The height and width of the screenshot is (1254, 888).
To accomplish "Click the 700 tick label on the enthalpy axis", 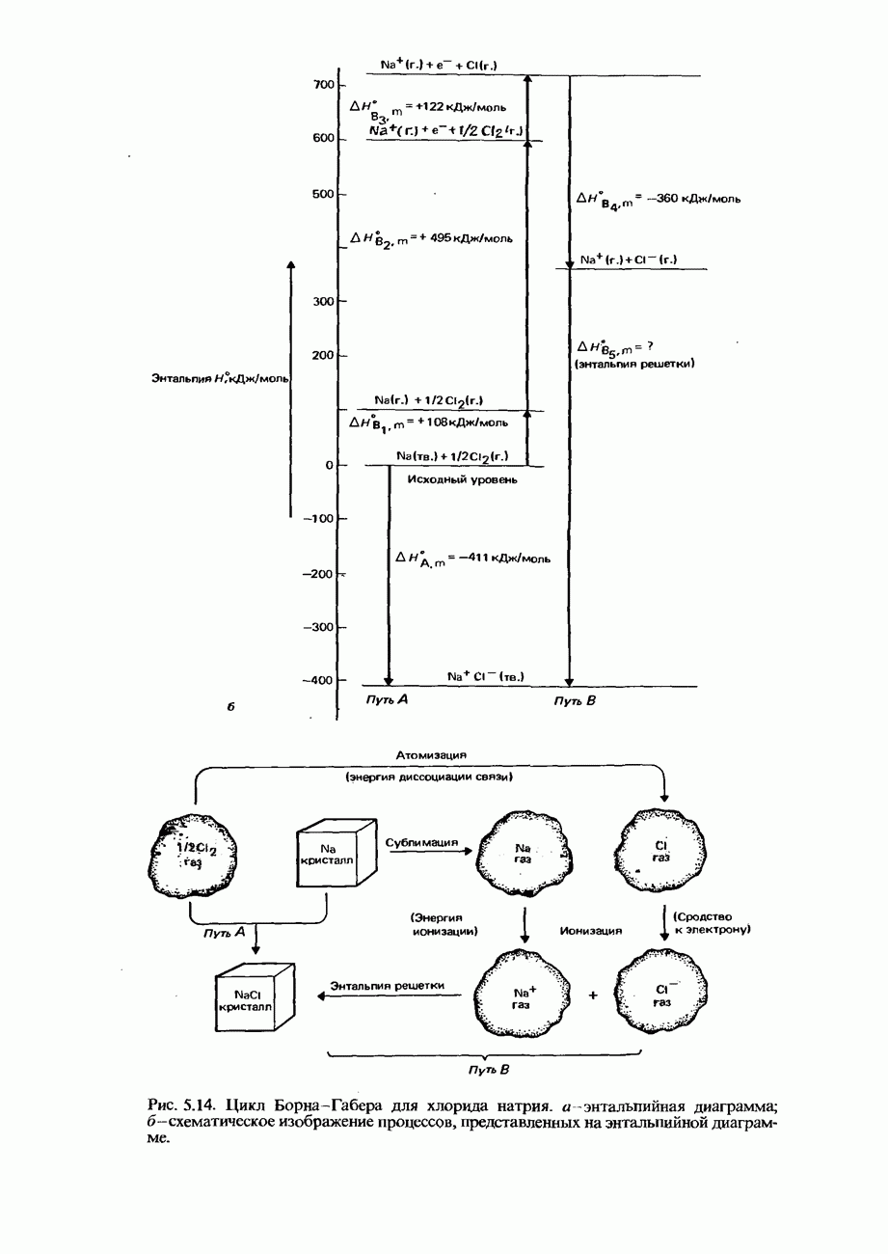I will click(322, 86).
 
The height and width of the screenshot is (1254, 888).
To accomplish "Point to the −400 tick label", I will click(319, 681).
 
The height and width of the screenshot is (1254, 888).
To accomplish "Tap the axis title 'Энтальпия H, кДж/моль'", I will click(221, 379).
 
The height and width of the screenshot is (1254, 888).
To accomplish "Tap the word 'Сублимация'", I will click(420, 841).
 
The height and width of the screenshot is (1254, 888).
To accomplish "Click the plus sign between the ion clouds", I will click(592, 996).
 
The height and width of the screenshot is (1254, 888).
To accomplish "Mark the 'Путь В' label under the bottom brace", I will click(488, 1070).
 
